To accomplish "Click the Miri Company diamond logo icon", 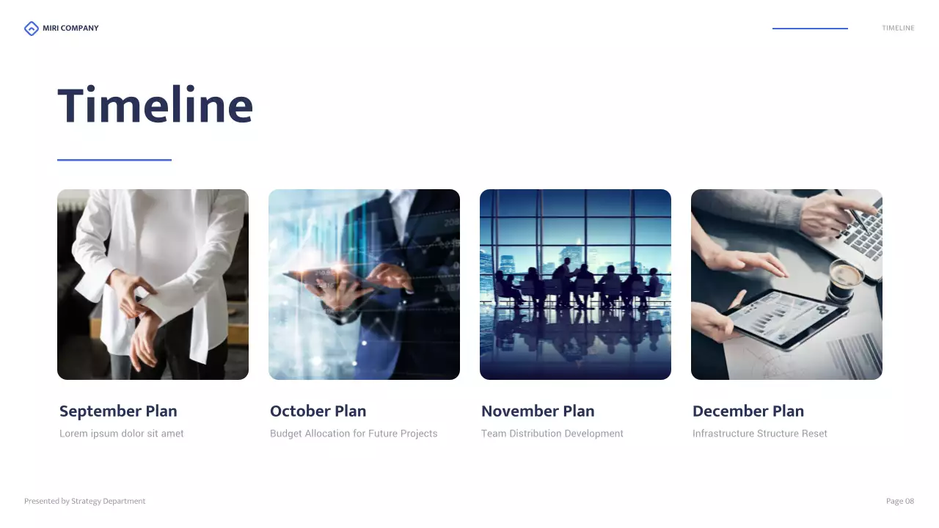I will click(x=31, y=29).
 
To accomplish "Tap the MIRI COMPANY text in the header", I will click(x=70, y=29).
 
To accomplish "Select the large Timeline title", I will click(x=156, y=106).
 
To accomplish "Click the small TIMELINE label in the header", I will click(x=898, y=29).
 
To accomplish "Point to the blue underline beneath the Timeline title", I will click(x=114, y=160).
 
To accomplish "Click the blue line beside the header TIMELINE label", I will click(x=810, y=29).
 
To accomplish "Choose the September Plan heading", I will click(x=118, y=411).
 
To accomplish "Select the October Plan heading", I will click(x=318, y=411).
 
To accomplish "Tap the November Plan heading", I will click(x=538, y=411).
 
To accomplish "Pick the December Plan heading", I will click(x=748, y=411).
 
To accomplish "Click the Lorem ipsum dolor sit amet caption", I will click(x=122, y=433).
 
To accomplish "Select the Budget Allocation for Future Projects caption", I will click(x=354, y=433).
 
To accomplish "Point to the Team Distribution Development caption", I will click(x=552, y=433).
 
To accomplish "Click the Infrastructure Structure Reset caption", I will click(x=760, y=433).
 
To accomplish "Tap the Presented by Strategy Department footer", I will click(x=85, y=502).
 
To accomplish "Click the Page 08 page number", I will click(x=900, y=502).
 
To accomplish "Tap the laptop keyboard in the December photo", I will click(x=858, y=227).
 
